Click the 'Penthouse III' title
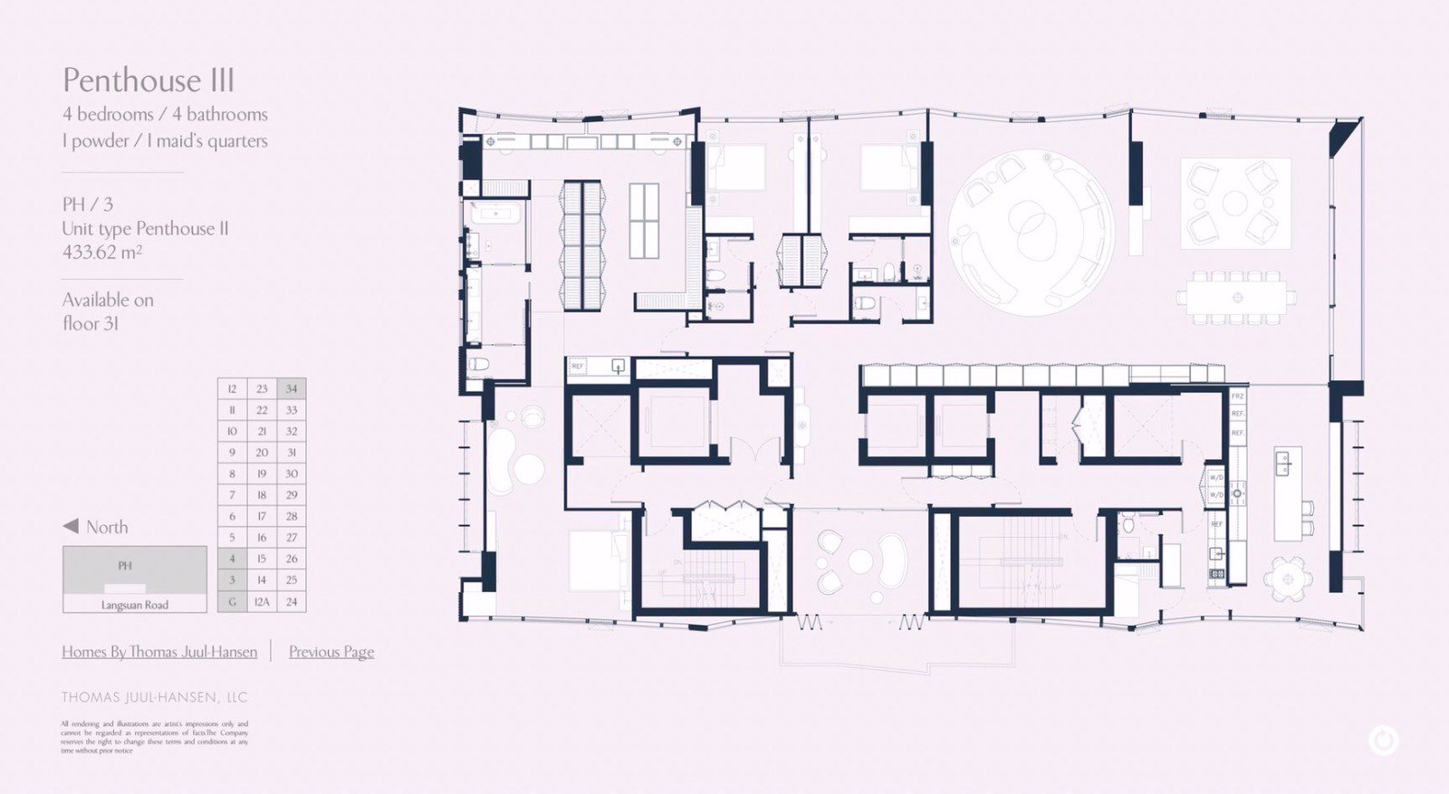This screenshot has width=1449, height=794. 149,81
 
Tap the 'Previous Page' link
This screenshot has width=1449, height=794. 331,652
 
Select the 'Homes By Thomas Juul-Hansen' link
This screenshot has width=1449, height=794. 159,652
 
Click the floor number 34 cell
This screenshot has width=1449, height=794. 292,388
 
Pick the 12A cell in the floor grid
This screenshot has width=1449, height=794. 262,601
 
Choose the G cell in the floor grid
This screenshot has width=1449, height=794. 232,601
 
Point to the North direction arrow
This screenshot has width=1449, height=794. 71,527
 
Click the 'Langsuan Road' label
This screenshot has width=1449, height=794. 135,605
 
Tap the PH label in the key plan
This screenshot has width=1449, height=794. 125,566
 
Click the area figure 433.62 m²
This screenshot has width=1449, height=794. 101,253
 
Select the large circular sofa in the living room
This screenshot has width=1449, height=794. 1031,233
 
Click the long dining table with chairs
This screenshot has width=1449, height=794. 1237,297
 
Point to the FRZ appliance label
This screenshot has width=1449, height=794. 1237,397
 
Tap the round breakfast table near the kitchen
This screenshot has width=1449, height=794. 1287,579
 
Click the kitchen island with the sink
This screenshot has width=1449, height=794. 1287,493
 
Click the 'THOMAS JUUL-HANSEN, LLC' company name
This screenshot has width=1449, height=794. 155,697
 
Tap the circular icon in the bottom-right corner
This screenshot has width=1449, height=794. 1383,741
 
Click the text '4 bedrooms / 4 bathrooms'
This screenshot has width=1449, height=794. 165,115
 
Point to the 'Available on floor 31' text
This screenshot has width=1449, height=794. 108,311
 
